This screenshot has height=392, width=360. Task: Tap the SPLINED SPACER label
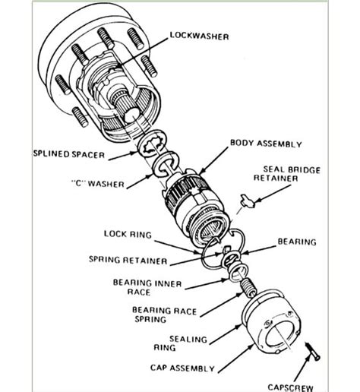tap(68, 154)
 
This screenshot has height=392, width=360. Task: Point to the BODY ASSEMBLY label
tap(266, 144)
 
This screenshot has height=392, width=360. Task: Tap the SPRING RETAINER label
tap(125, 261)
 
